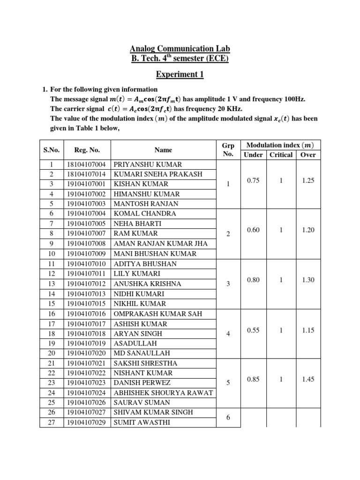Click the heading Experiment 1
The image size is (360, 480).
[180, 74]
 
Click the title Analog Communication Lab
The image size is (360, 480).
[180, 49]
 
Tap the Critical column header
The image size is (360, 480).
[281, 155]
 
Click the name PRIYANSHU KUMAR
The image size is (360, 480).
[148, 165]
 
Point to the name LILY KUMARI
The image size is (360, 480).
[137, 273]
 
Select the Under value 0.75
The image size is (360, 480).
[254, 180]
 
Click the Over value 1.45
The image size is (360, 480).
[308, 380]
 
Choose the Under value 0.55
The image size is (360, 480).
[254, 330]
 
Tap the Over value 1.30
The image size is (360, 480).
[308, 280]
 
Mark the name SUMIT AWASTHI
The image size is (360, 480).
[142, 422]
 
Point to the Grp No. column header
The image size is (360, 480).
[228, 150]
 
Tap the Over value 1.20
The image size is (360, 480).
[308, 230]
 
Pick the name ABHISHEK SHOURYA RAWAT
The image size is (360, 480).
[163, 393]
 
